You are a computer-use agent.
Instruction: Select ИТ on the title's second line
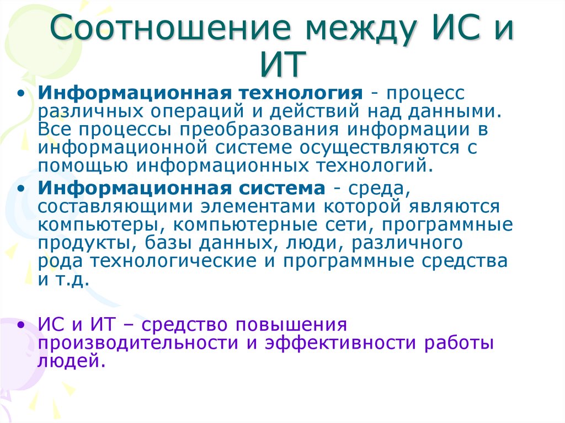(x=282, y=65)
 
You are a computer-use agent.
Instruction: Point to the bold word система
(x=282, y=188)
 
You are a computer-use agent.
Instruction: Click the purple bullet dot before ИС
(x=20, y=325)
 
